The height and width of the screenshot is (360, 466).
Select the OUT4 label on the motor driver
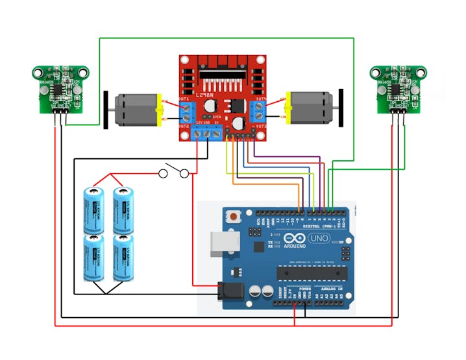(x=260, y=99)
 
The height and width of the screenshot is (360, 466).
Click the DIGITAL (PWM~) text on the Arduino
(x=306, y=226)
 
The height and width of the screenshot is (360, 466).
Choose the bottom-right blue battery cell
(x=123, y=258)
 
